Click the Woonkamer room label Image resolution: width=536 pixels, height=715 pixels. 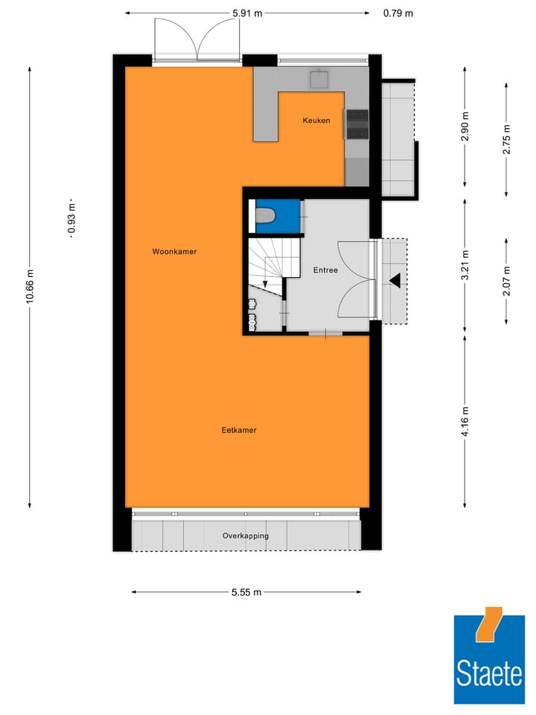point(174,252)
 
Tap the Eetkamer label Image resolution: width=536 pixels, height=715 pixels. point(238,430)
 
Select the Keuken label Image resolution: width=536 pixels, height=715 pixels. point(316,121)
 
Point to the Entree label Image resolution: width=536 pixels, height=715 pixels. point(325,270)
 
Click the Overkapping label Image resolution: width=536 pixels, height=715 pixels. point(245,536)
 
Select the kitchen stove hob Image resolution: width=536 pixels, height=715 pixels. point(356,124)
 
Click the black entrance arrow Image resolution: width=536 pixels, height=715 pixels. point(395,281)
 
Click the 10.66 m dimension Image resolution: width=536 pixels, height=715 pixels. point(30,286)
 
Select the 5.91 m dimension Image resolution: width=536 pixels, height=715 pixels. point(246,13)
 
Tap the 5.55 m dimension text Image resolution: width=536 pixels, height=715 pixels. point(246,592)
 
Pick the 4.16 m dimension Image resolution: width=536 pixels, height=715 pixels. point(465,422)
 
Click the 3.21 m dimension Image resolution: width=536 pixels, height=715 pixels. point(465,266)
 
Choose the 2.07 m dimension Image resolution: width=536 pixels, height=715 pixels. point(507,281)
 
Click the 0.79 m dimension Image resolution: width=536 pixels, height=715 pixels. point(398,13)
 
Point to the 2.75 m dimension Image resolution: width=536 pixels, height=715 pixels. point(507,140)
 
